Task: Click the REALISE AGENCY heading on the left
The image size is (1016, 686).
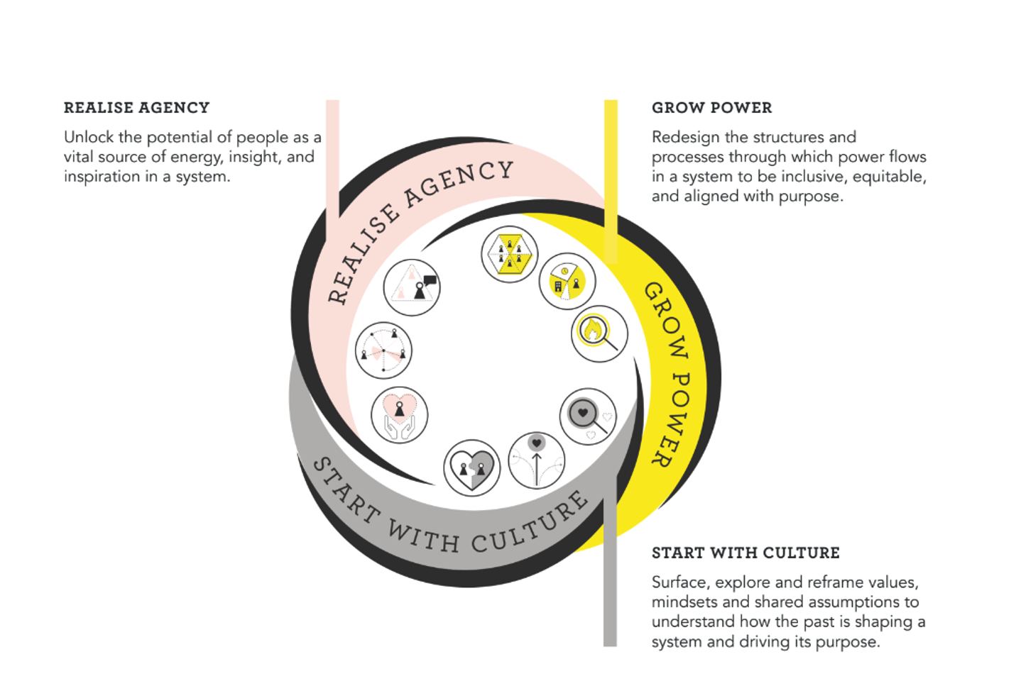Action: click(x=136, y=108)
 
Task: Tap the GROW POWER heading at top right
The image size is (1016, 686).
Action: click(x=711, y=108)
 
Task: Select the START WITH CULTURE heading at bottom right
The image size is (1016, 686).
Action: click(x=745, y=553)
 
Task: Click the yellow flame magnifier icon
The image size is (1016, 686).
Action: click(x=599, y=333)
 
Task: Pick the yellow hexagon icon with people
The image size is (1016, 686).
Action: click(x=510, y=254)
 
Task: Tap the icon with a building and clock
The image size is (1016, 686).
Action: click(x=567, y=281)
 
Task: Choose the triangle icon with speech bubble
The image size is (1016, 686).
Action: click(x=412, y=287)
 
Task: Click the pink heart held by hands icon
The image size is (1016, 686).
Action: click(x=399, y=415)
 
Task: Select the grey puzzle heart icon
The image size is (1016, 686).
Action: click(x=472, y=468)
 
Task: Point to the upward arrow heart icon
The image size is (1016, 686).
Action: click(x=537, y=460)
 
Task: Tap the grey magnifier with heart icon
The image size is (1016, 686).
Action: click(x=588, y=416)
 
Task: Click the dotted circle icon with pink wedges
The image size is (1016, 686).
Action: click(x=383, y=350)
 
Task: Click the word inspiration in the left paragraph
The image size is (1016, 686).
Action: click(x=102, y=176)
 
